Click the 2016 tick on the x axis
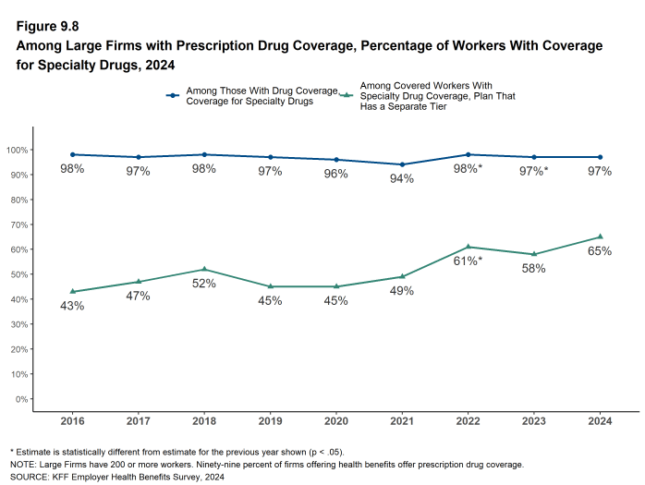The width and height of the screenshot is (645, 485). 72,420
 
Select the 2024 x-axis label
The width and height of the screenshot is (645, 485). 600,420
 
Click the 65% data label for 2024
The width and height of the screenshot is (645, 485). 600,251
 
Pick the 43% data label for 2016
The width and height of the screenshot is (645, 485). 72,306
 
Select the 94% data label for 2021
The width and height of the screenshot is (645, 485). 402,178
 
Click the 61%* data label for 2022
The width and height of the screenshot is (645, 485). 468,261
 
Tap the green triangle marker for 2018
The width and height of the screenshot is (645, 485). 204,269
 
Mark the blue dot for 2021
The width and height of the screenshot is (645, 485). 402,164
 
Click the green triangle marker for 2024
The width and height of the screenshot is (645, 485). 600,236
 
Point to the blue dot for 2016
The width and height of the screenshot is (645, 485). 72,154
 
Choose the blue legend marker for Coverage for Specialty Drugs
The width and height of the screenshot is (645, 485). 172,95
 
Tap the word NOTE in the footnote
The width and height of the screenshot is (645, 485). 22,464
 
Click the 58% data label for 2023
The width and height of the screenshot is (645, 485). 534,268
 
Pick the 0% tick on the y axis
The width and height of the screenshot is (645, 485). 19,399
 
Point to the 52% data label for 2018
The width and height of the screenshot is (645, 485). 204,284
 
